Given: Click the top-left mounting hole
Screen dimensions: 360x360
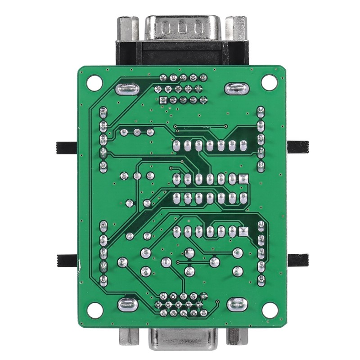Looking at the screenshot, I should pyautogui.click(x=94, y=82).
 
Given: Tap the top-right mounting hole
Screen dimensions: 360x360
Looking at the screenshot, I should pyautogui.click(x=269, y=81).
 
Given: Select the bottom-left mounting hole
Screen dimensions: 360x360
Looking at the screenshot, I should pyautogui.click(x=94, y=310).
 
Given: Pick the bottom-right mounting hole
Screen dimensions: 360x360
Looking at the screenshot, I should pyautogui.click(x=270, y=310).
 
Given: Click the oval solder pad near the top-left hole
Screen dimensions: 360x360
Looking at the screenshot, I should pyautogui.click(x=127, y=89).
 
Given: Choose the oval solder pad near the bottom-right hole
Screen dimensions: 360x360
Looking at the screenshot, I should pyautogui.click(x=237, y=305).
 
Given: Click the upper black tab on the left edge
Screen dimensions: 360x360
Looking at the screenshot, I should pyautogui.click(x=66, y=148).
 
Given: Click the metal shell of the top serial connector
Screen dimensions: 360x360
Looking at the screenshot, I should pyautogui.click(x=182, y=29).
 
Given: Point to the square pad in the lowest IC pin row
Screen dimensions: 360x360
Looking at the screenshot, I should pyautogui.click(x=243, y=232).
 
